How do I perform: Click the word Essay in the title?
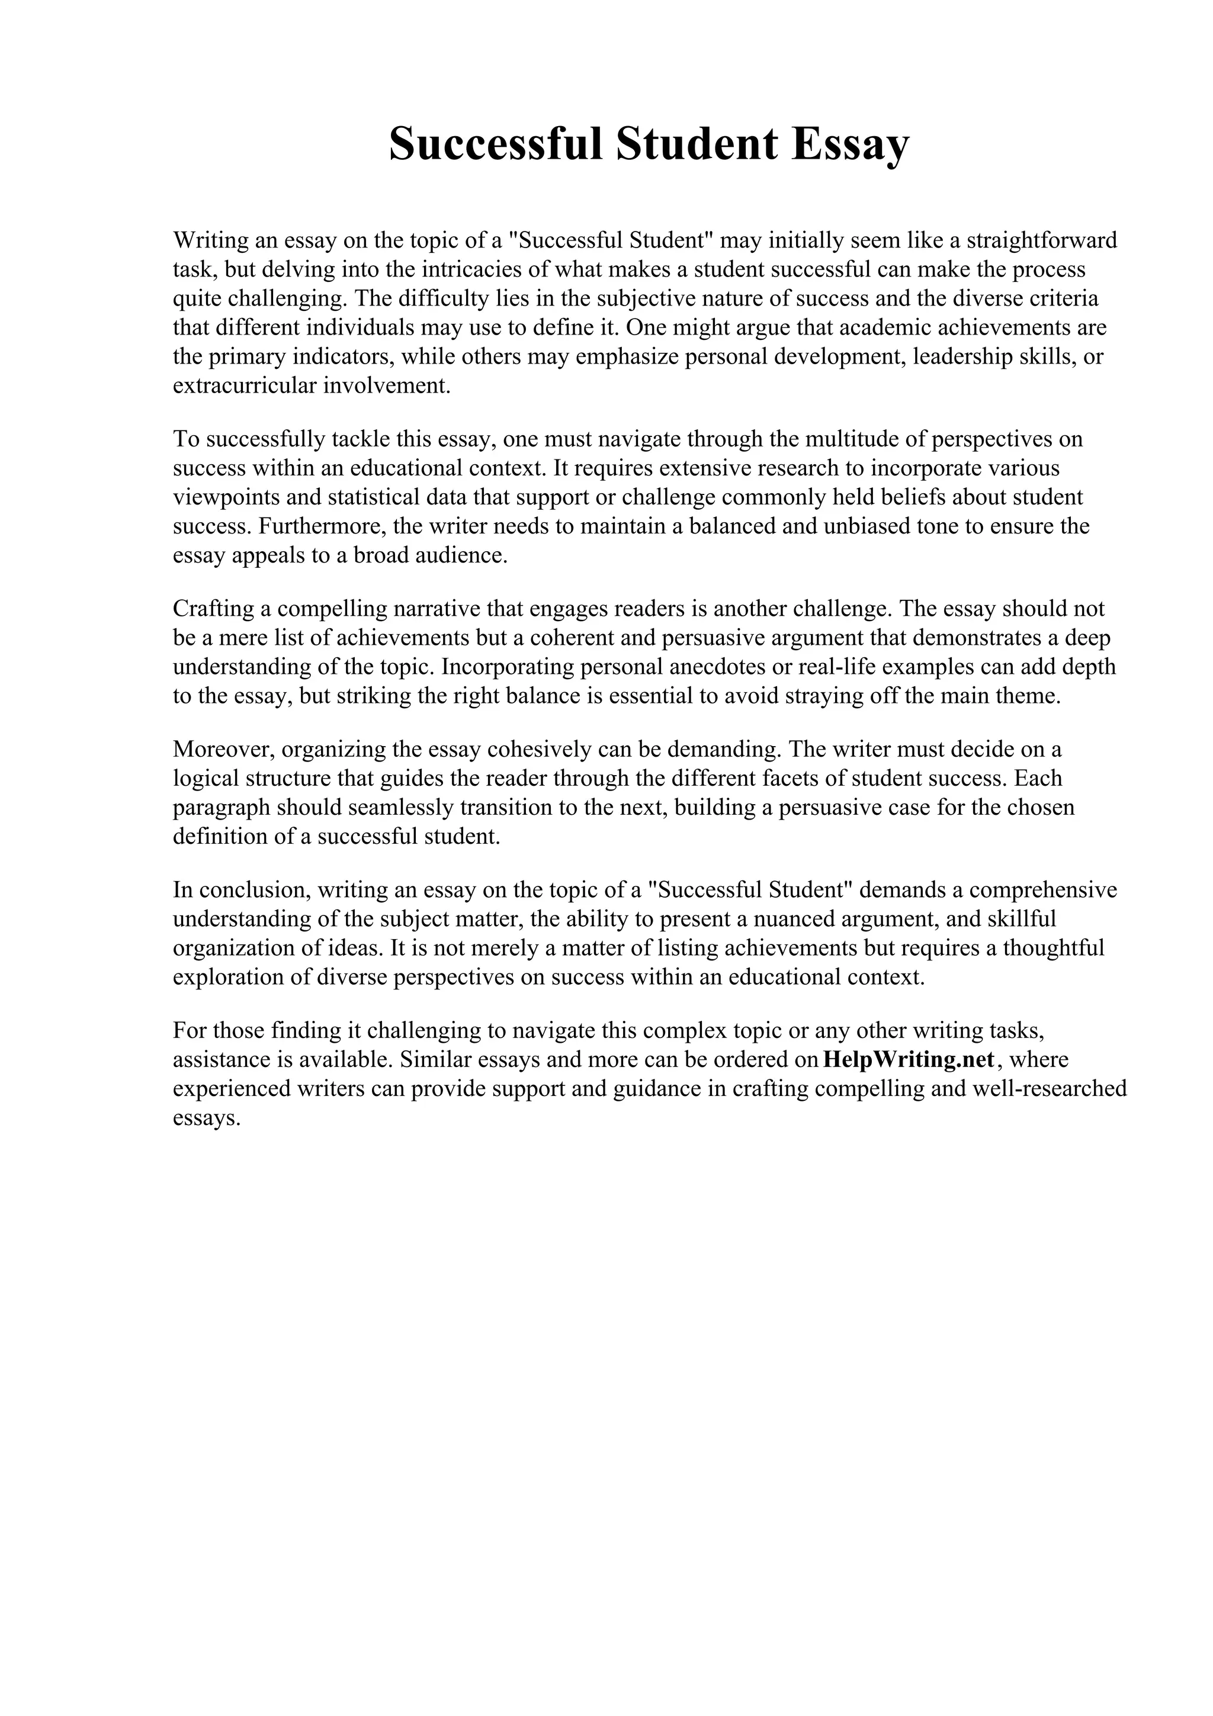[845, 145]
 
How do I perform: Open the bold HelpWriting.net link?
[908, 1060]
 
